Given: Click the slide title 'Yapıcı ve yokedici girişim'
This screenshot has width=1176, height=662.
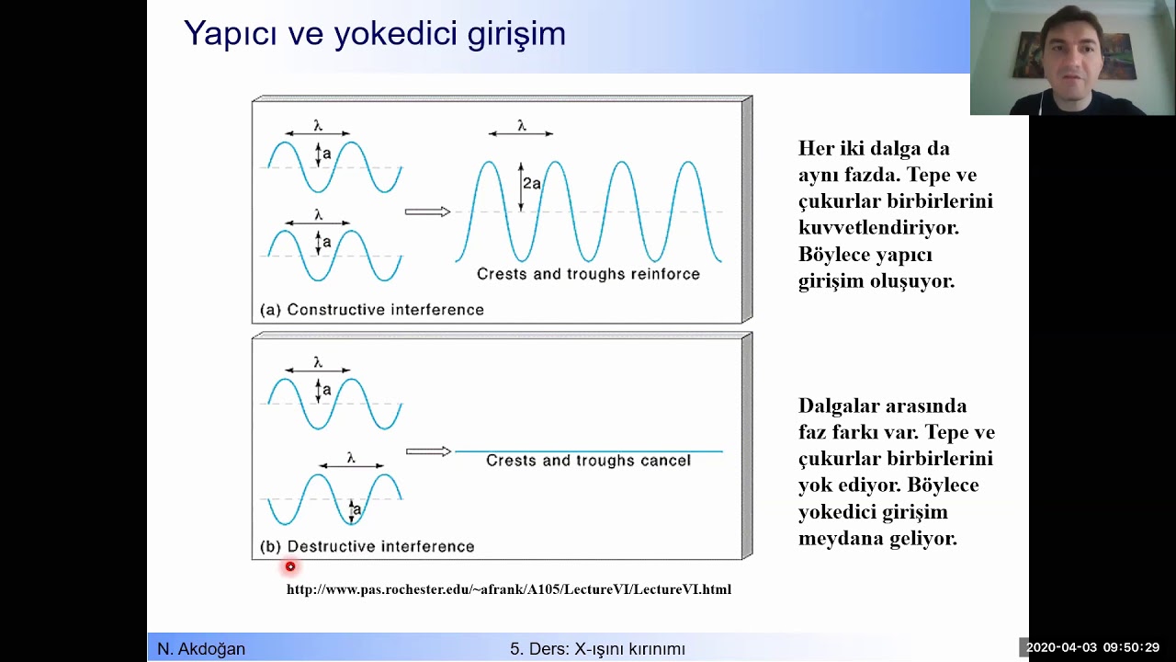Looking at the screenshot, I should pyautogui.click(x=374, y=34).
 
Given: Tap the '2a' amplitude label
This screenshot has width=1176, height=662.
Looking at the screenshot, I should pyautogui.click(x=532, y=184).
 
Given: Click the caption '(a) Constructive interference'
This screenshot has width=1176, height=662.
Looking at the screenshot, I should pyautogui.click(x=372, y=310).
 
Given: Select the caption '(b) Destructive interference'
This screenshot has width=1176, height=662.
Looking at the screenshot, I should pyautogui.click(x=367, y=546).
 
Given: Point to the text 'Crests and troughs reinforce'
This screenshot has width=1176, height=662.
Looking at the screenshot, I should pyautogui.click(x=588, y=274).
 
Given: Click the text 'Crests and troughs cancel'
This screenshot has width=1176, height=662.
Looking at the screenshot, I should pyautogui.click(x=588, y=461).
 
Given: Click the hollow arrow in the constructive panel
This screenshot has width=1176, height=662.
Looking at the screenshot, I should pyautogui.click(x=427, y=212).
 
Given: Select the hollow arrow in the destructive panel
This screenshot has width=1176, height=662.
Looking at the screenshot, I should pyautogui.click(x=428, y=451).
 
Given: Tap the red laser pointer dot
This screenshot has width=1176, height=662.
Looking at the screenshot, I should pyautogui.click(x=290, y=567).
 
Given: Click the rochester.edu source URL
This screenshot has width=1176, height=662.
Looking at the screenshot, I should pyautogui.click(x=508, y=589).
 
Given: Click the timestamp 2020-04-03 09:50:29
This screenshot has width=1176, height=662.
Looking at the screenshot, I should pyautogui.click(x=1092, y=647).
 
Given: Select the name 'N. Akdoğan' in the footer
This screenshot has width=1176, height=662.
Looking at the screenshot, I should pyautogui.click(x=201, y=649).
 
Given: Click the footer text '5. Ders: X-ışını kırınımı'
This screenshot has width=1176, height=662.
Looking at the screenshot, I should pyautogui.click(x=597, y=649).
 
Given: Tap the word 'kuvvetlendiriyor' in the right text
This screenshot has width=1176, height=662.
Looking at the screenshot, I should pyautogui.click(x=879, y=227).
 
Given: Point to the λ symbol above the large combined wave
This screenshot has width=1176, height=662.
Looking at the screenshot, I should pyautogui.click(x=521, y=126).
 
